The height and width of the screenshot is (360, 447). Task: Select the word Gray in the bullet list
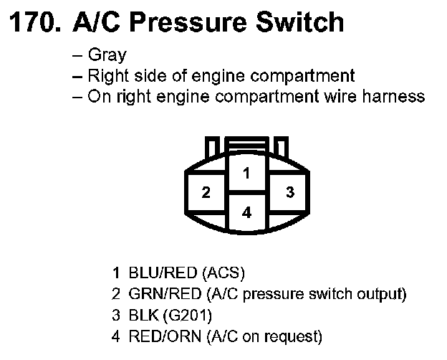point(107,55)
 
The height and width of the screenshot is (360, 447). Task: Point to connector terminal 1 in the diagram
point(246,173)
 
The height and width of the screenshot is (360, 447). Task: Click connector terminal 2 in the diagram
point(206,193)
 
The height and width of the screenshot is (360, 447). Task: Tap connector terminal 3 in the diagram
point(289,192)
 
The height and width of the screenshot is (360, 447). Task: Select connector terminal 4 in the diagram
point(246,213)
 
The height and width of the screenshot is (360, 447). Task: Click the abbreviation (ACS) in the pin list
point(224,273)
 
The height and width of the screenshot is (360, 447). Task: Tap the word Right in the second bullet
point(106,76)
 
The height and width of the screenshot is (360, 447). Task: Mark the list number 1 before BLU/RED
point(115,273)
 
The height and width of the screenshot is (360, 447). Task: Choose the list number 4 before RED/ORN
point(115,335)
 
